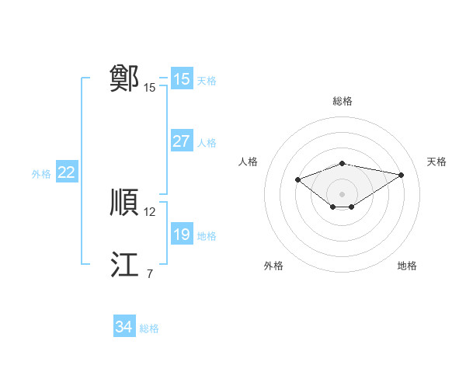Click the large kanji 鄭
[125, 78]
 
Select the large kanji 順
[125, 203]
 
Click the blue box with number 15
[181, 78]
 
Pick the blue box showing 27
[181, 141]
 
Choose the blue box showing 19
[181, 235]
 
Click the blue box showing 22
[66, 173]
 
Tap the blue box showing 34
[123, 328]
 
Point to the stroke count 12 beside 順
[150, 211]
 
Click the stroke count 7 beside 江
[149, 273]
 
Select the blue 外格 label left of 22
[41, 174]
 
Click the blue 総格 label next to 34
[149, 328]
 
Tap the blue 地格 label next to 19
[207, 235]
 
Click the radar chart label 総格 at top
[342, 101]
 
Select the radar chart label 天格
[436, 162]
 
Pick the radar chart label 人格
[248, 162]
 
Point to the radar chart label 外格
[273, 266]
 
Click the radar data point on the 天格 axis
[401, 175]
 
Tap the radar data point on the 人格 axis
[297, 179]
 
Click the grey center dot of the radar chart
[342, 193]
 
